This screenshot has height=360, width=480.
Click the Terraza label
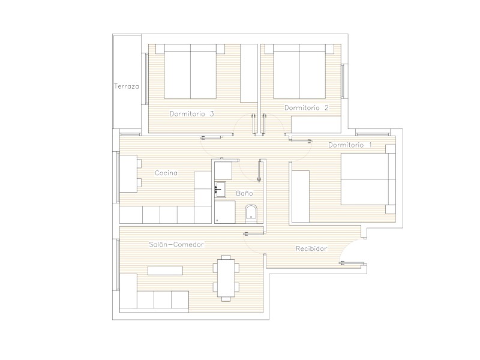point(127,86)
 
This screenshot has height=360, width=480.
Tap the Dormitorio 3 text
point(192,113)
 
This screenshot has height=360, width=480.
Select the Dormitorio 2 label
point(307,107)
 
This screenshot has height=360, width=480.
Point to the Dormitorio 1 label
point(350,145)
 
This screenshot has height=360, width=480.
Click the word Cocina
point(166,173)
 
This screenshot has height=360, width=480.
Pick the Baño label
point(244,193)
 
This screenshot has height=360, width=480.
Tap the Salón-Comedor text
point(176,244)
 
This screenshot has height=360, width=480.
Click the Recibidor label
point(311,248)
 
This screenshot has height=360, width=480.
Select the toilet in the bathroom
point(251,214)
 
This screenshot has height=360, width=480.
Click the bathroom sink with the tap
point(220,190)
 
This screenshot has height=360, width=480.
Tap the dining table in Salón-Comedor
point(226,278)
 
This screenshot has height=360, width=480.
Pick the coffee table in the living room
point(166,271)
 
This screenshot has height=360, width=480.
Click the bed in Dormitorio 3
point(190,71)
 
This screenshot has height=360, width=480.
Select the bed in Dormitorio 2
point(299,71)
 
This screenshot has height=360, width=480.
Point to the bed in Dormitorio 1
point(368,179)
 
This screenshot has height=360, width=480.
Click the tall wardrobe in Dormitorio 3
point(249,73)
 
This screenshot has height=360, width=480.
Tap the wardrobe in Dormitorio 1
point(301,197)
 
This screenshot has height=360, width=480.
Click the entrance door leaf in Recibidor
point(353,263)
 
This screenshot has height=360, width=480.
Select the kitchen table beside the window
point(128,173)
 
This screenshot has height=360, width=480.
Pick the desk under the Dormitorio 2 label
point(316,124)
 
